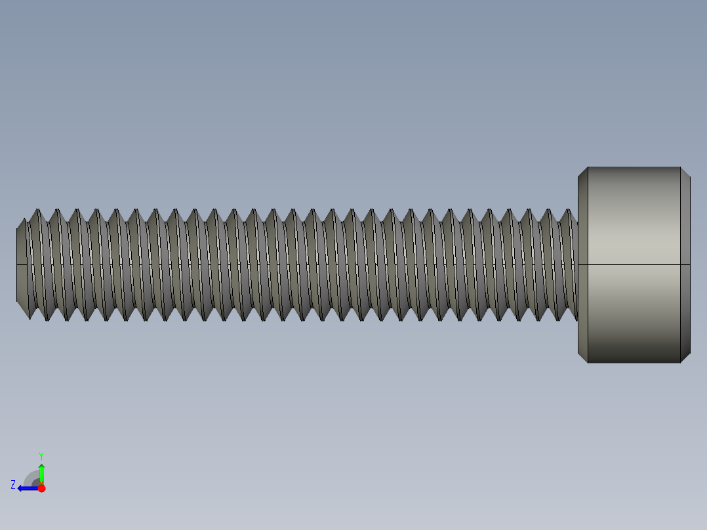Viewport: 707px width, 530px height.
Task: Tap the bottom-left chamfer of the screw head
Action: [x=582, y=357]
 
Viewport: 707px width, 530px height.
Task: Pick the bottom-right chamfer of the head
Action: [x=685, y=357]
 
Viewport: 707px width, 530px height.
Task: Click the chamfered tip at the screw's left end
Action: [x=22, y=265]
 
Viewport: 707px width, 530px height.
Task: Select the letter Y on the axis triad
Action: [x=41, y=455]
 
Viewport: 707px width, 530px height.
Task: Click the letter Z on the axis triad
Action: [x=13, y=485]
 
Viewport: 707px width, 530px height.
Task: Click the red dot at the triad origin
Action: [x=41, y=488]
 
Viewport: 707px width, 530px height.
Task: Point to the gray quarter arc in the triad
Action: [x=30, y=477]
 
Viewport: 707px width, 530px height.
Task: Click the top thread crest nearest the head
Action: [x=567, y=211]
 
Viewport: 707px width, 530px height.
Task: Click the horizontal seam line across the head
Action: [x=634, y=264]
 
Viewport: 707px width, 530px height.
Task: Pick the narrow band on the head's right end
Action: [x=685, y=264]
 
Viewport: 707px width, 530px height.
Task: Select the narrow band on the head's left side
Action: [x=583, y=264]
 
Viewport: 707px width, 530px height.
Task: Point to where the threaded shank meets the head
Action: [x=577, y=264]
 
